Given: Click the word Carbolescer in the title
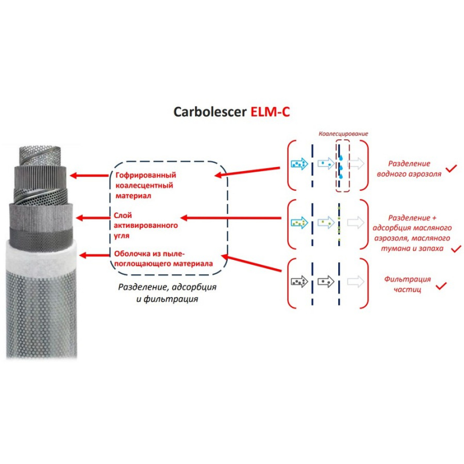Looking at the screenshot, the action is click(x=210, y=112).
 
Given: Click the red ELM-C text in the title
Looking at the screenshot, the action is click(x=270, y=112).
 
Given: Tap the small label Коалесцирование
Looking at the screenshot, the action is click(x=343, y=134).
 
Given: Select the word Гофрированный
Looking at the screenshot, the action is click(x=146, y=175).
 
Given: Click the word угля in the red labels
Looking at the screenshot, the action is click(x=122, y=236).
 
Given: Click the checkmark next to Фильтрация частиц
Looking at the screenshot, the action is click(x=441, y=286).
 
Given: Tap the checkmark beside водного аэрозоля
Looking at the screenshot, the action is click(x=452, y=168).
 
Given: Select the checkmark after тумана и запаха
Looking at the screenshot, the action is click(x=456, y=249).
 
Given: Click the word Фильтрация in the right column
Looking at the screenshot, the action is click(x=408, y=279).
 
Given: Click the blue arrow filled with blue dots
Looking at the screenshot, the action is click(x=299, y=164).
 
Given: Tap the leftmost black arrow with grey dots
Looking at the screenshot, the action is click(x=299, y=282).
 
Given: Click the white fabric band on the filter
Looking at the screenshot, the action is click(x=42, y=256).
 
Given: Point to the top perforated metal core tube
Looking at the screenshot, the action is click(x=40, y=156).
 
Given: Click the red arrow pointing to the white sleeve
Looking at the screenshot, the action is click(x=95, y=255).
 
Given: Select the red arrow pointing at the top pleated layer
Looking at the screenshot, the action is click(x=90, y=176).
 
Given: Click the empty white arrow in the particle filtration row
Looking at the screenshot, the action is click(x=356, y=282).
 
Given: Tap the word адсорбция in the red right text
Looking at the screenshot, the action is click(x=389, y=228).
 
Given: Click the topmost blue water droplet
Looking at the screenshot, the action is click(x=341, y=158).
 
